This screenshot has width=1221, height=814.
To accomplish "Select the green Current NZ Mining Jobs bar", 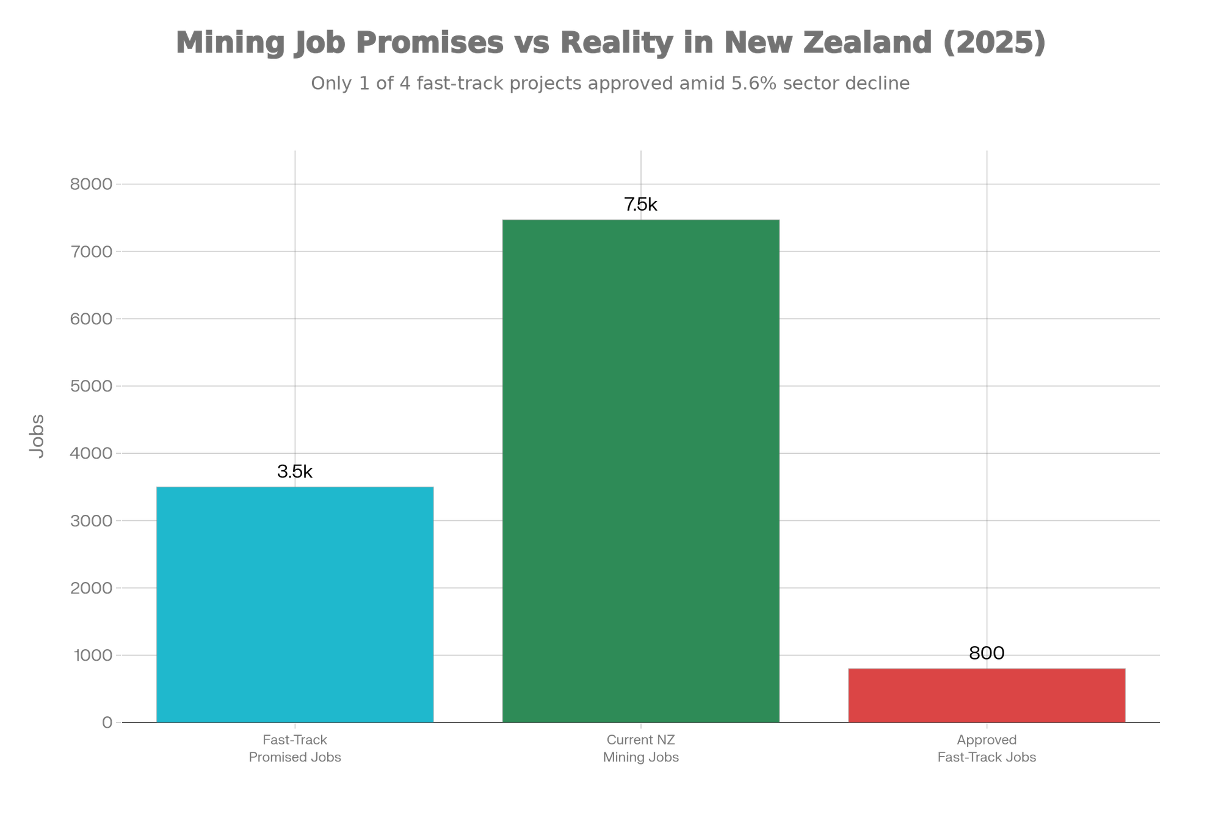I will pyautogui.click(x=640, y=470).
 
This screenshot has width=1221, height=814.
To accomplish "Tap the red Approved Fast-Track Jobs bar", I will pyautogui.click(x=986, y=695).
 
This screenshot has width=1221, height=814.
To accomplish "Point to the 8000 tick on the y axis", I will pyautogui.click(x=92, y=184).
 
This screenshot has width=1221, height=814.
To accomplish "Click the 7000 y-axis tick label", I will pyautogui.click(x=92, y=252).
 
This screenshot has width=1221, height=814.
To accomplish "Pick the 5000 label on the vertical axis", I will pyautogui.click(x=92, y=386).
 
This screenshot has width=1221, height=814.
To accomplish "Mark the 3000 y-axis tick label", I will pyautogui.click(x=92, y=521).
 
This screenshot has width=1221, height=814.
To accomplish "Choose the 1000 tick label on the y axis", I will pyautogui.click(x=92, y=655).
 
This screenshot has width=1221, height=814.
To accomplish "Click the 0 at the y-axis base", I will pyautogui.click(x=107, y=723).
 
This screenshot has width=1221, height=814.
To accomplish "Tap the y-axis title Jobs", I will pyautogui.click(x=37, y=436).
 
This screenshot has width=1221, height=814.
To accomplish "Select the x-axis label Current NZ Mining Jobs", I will pyautogui.click(x=640, y=749).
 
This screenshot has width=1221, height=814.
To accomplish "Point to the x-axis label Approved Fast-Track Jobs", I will pyautogui.click(x=986, y=749).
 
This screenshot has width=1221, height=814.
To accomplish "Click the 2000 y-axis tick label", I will pyautogui.click(x=92, y=588).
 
